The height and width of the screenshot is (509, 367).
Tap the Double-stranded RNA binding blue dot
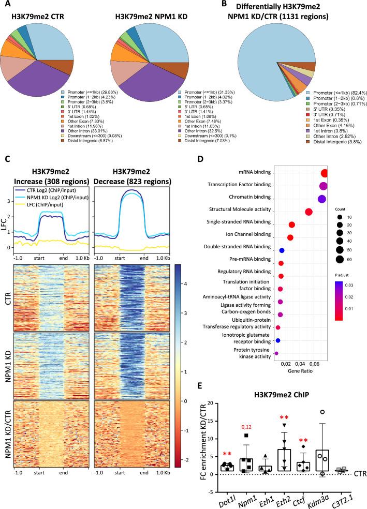coord(282,250)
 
